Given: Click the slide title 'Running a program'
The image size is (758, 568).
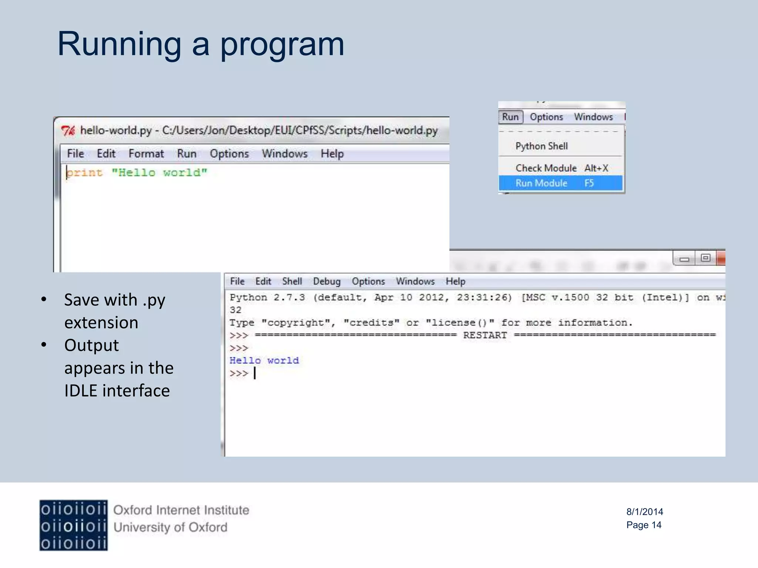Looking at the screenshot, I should pos(201,44).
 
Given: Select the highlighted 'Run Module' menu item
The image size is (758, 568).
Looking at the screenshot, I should pos(541,183).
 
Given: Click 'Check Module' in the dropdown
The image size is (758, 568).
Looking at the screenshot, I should pos(546,168).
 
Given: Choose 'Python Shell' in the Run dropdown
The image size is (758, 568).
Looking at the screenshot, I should pos(541,146).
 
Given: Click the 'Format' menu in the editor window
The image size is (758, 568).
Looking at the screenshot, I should pos(146,153).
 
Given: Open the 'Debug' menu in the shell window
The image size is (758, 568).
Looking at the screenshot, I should pos(326,281).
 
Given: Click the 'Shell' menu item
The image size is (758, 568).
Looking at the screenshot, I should pos(292,281).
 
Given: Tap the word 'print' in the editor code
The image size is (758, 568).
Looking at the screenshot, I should pos(85,173).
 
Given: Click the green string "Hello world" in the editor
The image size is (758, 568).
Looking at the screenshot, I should pos(159,173).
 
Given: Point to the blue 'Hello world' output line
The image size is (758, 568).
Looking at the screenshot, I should pos(264,361).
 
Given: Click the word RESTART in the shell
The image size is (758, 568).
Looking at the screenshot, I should pos(485,335).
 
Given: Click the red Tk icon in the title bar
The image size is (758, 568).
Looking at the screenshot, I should pos(68,131).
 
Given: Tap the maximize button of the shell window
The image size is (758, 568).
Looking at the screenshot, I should pos(705,258).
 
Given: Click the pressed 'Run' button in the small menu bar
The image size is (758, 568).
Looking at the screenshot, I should pos(510,117).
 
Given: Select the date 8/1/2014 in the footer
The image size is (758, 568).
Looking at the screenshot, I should pos(644,512).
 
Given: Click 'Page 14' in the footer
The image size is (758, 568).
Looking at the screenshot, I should pos(644,525).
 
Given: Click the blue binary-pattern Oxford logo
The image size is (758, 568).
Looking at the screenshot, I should pos(73,525).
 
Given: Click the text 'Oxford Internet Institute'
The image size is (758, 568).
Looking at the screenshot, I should pos(181,510).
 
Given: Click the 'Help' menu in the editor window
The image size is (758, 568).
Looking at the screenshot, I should pos(332,153).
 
